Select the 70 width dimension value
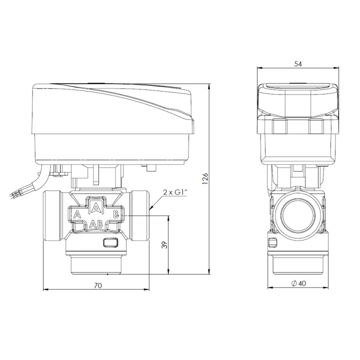(x=98, y=285)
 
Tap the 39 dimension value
(x=164, y=244)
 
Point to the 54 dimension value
(x=298, y=64)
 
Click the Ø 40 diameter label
(x=298, y=283)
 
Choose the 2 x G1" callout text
(x=175, y=192)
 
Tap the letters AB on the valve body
(x=96, y=224)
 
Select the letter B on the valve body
(x=115, y=214)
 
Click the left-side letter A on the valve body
(x=77, y=214)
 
